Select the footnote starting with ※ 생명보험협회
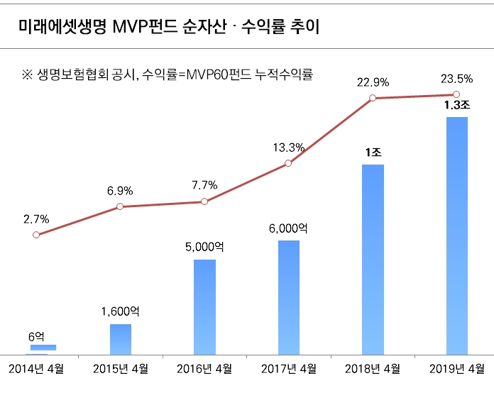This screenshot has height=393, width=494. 168,74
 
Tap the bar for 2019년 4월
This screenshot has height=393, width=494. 456,236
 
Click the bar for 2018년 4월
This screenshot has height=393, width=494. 373,259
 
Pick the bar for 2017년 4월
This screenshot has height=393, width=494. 289,297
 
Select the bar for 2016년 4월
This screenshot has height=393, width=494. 204,306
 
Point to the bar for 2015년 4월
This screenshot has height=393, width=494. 120,339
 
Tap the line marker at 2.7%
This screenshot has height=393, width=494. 36,235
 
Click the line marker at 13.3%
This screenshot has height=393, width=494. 288,164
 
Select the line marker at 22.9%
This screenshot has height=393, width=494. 373,99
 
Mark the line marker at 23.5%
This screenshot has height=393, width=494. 456,94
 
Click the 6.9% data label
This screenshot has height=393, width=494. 120,191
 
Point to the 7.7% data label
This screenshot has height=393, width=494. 204,186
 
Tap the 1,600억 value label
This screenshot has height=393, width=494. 120,311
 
